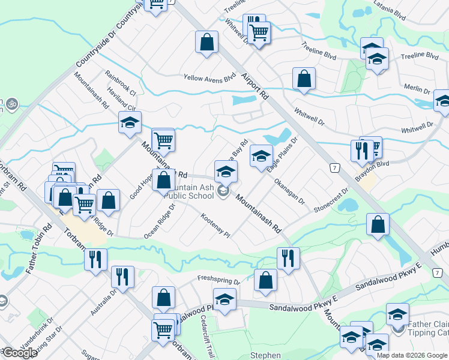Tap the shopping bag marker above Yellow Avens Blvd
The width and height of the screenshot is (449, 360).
click(206, 43)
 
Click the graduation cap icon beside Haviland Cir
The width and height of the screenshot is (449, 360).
click(128, 124)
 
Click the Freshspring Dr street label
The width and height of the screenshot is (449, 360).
click(219, 280)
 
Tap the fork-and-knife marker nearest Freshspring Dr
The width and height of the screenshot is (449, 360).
click(288, 258)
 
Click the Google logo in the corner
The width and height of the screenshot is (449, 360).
click(19, 353)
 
